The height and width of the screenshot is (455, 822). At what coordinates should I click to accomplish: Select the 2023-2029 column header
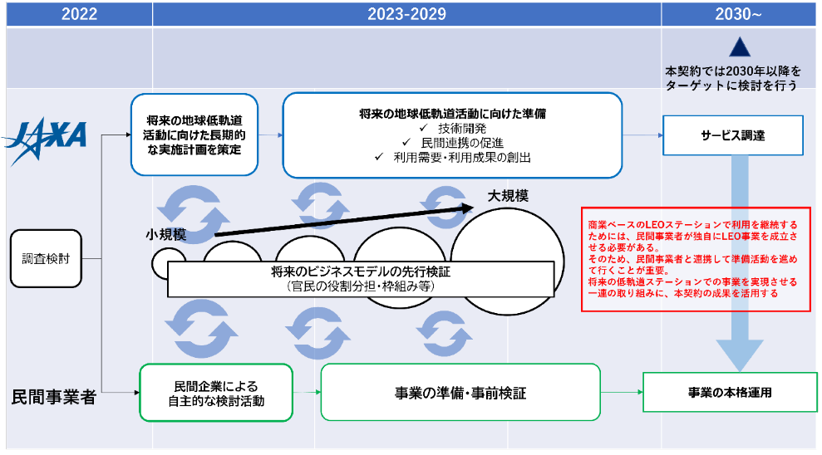tap(406, 14)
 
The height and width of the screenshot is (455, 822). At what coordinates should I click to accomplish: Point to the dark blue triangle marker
tap(739, 47)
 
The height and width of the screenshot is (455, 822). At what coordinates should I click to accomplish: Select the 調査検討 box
tap(46, 258)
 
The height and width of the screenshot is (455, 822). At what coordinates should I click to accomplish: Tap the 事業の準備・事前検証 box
tap(460, 392)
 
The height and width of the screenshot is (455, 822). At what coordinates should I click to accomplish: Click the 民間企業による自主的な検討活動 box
tap(215, 392)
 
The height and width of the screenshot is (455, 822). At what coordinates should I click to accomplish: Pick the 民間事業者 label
tap(53, 397)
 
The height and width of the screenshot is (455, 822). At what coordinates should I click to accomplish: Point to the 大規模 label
tap(508, 196)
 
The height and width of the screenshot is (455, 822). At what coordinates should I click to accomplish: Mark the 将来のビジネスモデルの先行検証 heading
tap(360, 272)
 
